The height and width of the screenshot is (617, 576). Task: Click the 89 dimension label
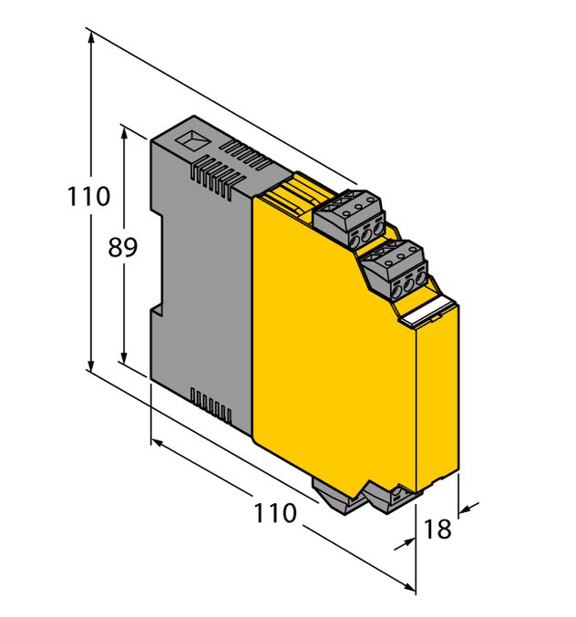tap(123, 247)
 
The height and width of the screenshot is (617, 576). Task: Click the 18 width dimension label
tap(438, 529)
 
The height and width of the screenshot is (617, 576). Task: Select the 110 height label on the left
tap(88, 196)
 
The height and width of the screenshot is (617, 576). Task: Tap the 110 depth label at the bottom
tap(275, 513)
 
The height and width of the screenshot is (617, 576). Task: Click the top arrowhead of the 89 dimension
tap(124, 130)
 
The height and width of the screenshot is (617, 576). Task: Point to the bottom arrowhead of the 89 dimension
tap(124, 363)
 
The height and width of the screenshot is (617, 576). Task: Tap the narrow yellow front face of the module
tap(437, 401)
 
